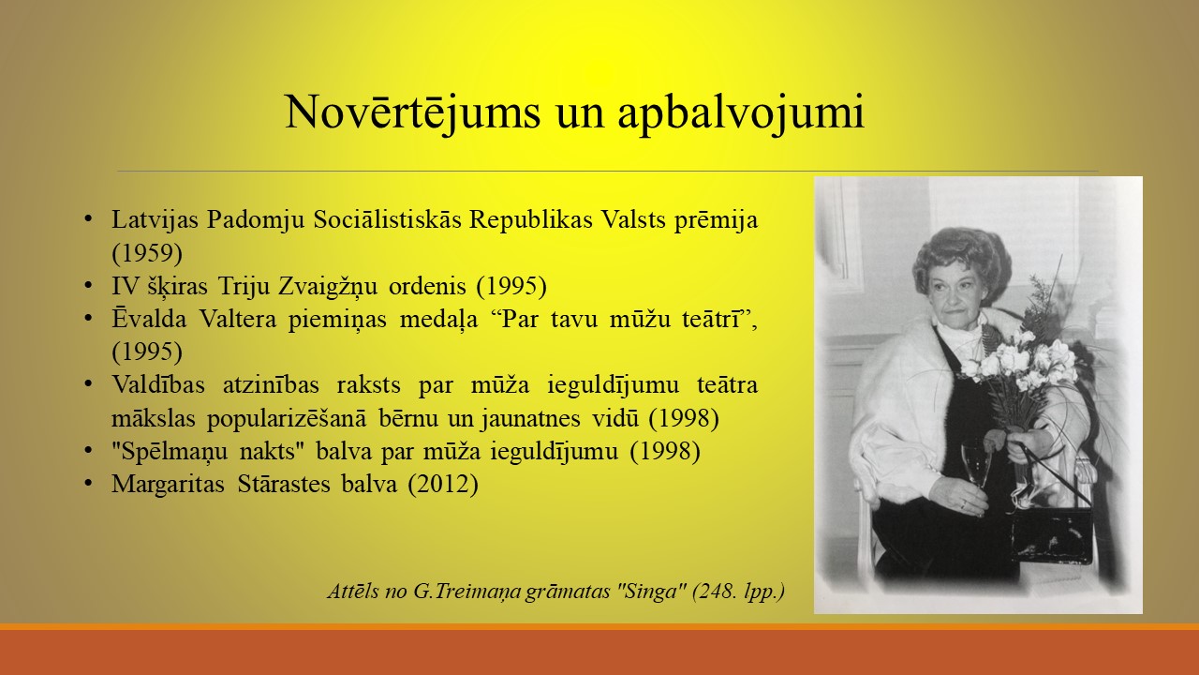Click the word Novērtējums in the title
coord(413,112)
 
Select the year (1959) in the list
coord(147,253)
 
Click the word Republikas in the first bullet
coord(531,219)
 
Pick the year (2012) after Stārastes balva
coord(443,485)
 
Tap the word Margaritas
coord(168,485)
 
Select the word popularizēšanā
coord(287,418)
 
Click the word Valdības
coord(158,384)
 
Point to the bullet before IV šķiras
coord(88,285)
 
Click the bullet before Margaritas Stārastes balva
coord(88,483)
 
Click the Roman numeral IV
coord(126,286)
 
